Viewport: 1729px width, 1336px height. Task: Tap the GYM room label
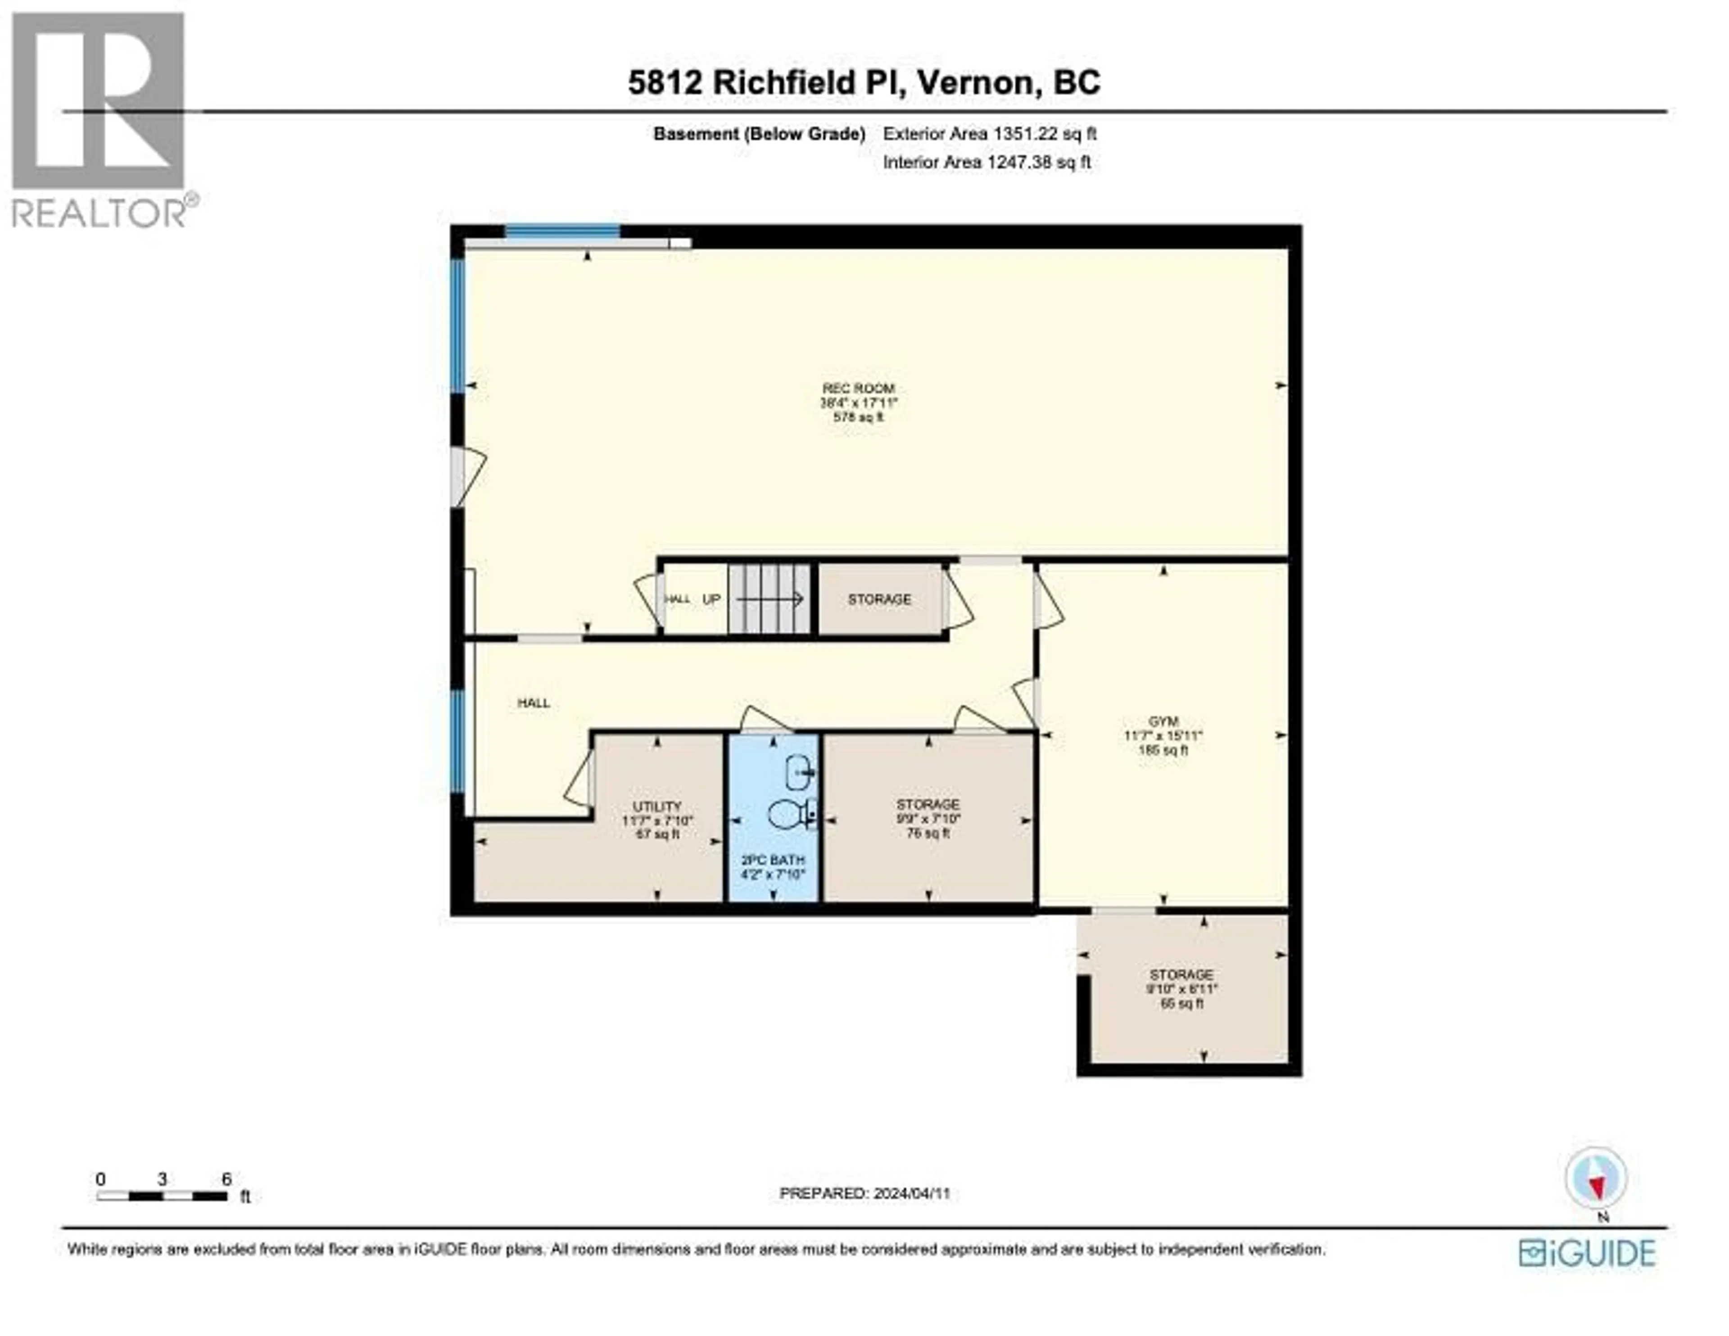coord(1163,721)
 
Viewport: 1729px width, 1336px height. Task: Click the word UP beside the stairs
coord(711,599)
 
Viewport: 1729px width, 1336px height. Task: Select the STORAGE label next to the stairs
coord(879,599)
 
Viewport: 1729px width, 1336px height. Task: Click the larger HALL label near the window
coord(534,702)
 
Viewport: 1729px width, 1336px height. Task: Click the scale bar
coord(162,1196)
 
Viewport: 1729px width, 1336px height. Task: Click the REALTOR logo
coord(99,119)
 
